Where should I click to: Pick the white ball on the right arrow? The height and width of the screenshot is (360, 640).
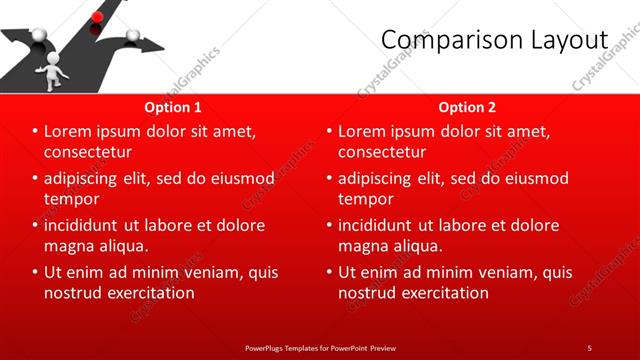point(132,40)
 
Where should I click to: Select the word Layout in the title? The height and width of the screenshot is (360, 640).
point(569,39)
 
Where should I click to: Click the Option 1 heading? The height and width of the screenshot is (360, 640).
point(173,107)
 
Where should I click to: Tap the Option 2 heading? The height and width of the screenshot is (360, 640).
point(467,107)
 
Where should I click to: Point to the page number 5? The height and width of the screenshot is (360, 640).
point(589,348)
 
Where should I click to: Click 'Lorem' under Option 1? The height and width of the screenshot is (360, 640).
point(69,132)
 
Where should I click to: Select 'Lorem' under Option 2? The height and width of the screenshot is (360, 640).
point(363,132)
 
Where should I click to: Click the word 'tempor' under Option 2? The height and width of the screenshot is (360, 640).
point(365,199)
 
